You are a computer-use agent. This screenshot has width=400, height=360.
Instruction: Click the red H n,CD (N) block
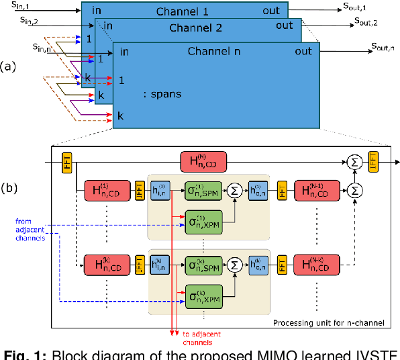203,161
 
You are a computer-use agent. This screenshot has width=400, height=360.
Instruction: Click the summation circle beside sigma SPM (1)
235,191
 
